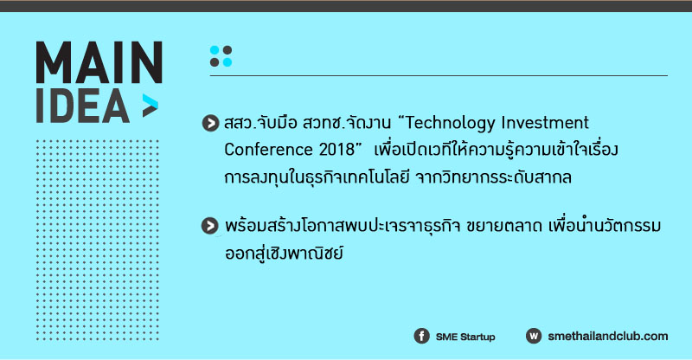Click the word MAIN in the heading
pos(99,62)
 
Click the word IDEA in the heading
pos(82,106)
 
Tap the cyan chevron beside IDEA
pos(150,106)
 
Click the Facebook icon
pos(421,336)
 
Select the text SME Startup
pos(465,337)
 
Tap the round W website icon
pos(534,336)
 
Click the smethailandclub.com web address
pos(608,336)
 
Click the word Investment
pos(545,122)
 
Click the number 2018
pos(336,150)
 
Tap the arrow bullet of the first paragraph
pos(210,123)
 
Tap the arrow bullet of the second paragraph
pos(210,226)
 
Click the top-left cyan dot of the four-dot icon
pos(215,50)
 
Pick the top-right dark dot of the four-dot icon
pos(227,50)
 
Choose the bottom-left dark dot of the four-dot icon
pos(215,62)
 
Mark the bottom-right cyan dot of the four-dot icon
pos(227,62)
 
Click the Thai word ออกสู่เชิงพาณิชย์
pos(284,253)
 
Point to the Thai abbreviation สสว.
pos(240,123)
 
